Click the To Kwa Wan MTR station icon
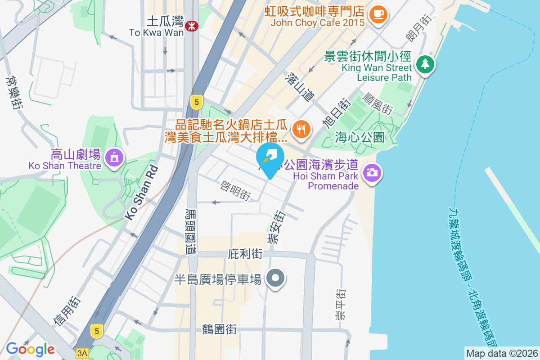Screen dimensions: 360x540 click(192, 26)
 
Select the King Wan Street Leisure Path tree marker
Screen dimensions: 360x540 click(425, 64)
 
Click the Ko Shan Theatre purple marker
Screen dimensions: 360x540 click(113, 157)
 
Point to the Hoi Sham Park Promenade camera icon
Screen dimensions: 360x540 click(372, 172)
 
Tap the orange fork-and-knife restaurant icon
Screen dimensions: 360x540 click(301, 130)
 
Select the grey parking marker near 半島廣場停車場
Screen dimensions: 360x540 click(275, 278)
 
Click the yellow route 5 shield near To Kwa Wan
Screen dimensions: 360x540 click(196, 102)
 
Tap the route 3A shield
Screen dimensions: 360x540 click(82, 353)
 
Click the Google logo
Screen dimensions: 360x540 click(30, 349)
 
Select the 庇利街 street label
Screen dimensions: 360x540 click(245, 254)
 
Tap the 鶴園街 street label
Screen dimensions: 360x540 click(220, 330)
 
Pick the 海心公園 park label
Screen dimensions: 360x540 click(360, 137)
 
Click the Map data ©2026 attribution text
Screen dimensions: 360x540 click(502, 353)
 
